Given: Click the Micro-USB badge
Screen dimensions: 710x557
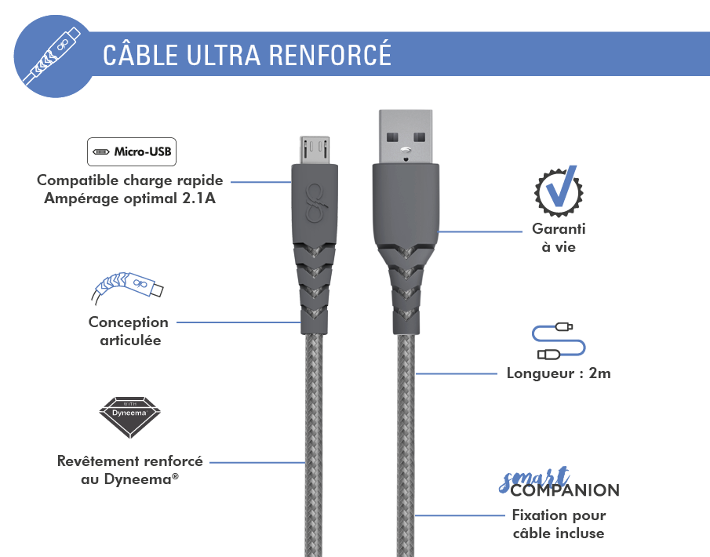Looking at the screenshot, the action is (132, 151).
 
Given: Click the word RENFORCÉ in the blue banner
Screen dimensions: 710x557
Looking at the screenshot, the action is (330, 55).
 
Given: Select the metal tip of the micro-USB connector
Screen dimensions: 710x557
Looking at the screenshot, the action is (315, 150).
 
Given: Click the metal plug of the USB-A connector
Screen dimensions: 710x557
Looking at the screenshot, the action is (406, 137).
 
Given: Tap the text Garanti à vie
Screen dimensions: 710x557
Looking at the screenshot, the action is (559, 238).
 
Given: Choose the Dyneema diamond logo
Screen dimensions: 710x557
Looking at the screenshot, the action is (130, 417).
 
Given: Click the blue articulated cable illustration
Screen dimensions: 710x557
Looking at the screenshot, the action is (127, 287).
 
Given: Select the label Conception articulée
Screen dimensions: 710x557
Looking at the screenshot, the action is (129, 331).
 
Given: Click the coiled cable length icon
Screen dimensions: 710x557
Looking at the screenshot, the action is (559, 341).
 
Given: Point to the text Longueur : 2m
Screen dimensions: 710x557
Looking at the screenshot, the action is (559, 373).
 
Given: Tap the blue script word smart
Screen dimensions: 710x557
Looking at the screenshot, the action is (533, 479).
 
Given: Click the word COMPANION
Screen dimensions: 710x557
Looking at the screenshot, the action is (565, 490).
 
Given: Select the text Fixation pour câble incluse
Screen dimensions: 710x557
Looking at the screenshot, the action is (559, 524).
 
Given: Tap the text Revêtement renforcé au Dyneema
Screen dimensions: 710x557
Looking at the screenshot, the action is (130, 470).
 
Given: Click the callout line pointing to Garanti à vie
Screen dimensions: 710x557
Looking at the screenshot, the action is (480, 232).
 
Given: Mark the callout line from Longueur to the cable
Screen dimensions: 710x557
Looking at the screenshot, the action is (456, 373).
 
